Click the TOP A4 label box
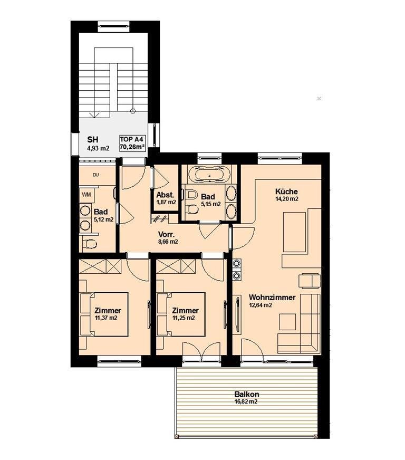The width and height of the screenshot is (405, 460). click(x=132, y=143)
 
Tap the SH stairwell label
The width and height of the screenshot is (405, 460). click(x=93, y=140)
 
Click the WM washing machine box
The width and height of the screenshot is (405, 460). click(x=86, y=195)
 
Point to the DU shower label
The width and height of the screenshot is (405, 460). click(x=95, y=175)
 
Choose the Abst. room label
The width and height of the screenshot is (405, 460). click(x=166, y=195)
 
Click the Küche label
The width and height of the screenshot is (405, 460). click(x=286, y=191)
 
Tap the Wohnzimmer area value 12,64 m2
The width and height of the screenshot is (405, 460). click(x=261, y=305)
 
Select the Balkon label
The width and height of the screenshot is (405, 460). click(x=247, y=395)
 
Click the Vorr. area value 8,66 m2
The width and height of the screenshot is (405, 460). click(x=168, y=242)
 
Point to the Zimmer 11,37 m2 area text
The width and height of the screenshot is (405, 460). click(x=106, y=318)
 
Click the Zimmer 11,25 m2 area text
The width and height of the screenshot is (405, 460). click(x=184, y=318)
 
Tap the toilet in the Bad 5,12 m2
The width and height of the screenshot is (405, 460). click(x=90, y=244)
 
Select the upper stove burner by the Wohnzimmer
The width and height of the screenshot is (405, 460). click(x=237, y=264)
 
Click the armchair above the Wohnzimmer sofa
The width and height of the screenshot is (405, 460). click(x=310, y=281)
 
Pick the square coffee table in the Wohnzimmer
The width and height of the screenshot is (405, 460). click(x=287, y=322)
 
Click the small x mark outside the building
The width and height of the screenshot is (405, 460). click(x=319, y=99)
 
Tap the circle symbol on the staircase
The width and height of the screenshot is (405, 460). click(x=132, y=111)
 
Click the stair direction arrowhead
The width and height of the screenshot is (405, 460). click(x=94, y=115)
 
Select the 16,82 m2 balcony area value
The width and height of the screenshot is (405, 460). click(x=246, y=402)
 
